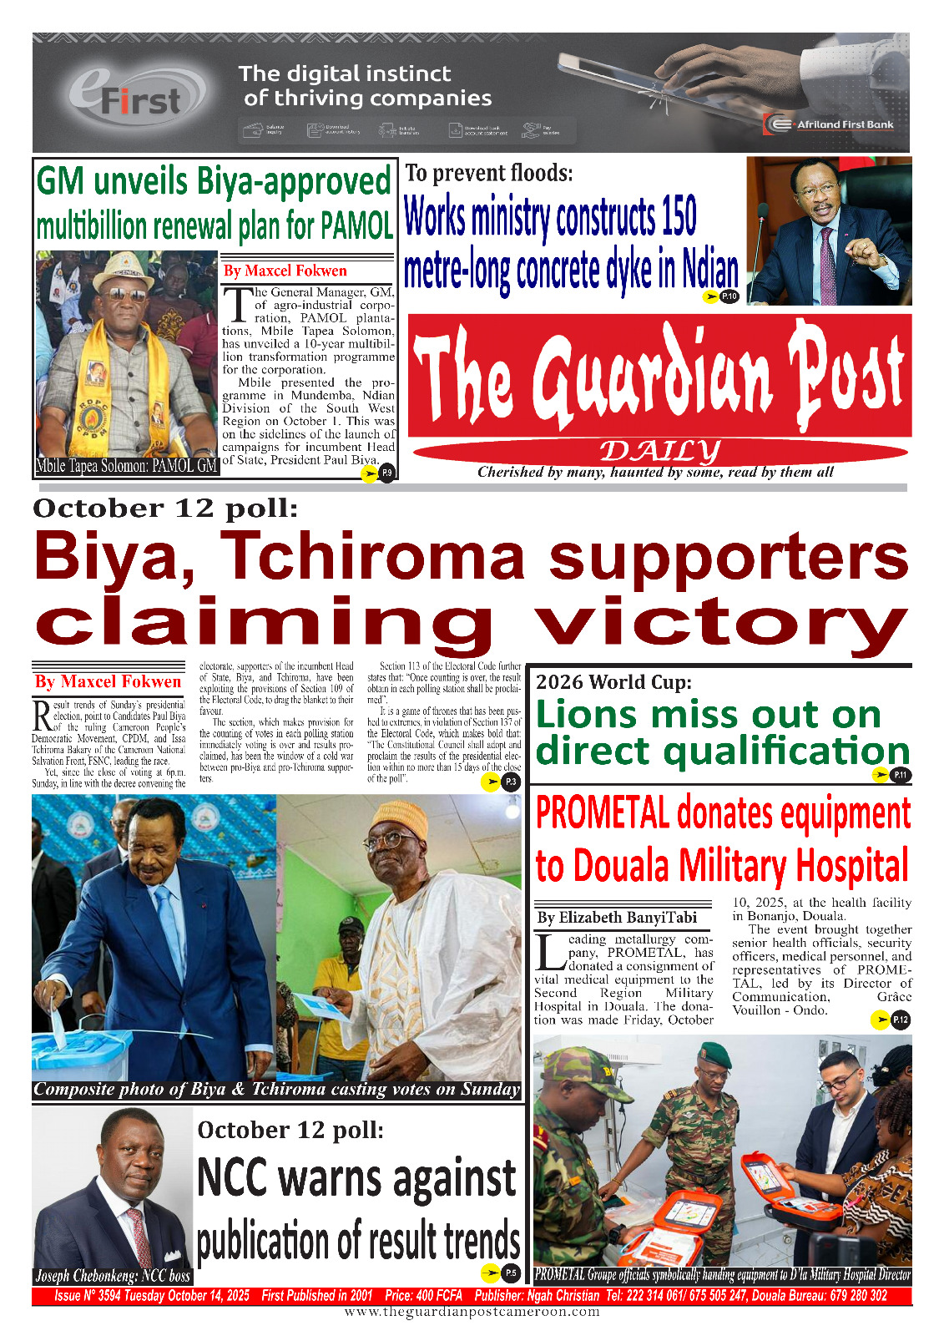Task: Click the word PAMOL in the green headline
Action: point(357,225)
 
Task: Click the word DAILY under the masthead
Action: point(659,452)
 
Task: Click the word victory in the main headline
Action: point(719,622)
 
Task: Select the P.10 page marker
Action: point(729,296)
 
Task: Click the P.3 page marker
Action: point(511,782)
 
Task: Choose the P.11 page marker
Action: point(901,775)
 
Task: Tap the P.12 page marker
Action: point(901,1020)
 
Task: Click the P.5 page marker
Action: point(511,1273)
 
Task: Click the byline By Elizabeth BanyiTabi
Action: point(617,918)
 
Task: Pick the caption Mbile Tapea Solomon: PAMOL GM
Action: point(127,466)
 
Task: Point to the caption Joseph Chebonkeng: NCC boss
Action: point(113,1276)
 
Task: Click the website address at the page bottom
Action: point(472,1312)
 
